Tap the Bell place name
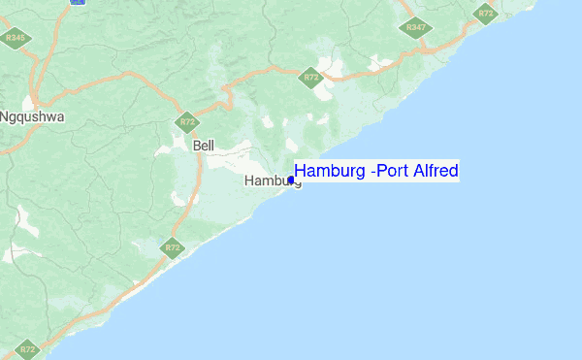[x=204, y=146]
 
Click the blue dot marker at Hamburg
[x=291, y=180]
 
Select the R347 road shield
[x=416, y=27]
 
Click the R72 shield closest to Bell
[x=186, y=122]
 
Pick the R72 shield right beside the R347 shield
[x=485, y=13]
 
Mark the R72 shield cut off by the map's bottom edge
[x=27, y=349]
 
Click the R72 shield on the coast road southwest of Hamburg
[x=173, y=248]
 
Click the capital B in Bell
[x=197, y=146]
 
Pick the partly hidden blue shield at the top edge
[x=78, y=2]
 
